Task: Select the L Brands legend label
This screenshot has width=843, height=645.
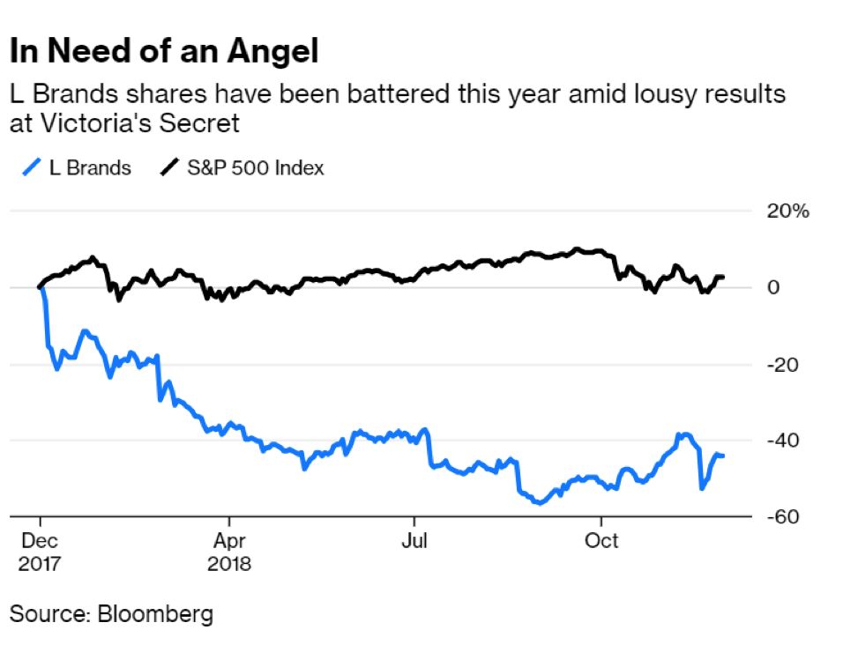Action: pos(90,167)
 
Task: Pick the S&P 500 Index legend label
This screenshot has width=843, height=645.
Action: pos(256,167)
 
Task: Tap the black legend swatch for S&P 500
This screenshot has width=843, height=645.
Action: pos(168,167)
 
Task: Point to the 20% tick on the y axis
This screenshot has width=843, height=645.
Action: pos(788,211)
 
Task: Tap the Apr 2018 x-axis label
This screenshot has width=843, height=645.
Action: pos(229,551)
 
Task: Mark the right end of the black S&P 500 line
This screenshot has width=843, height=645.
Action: pos(724,278)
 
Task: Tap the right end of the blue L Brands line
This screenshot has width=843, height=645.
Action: pos(724,456)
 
